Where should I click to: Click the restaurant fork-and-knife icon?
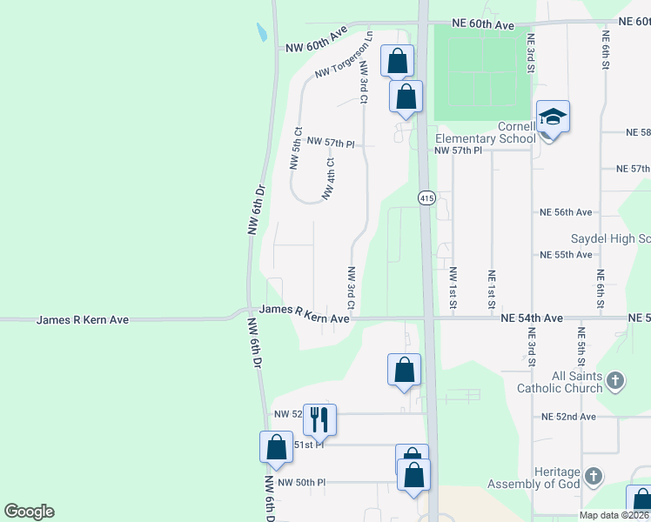319,420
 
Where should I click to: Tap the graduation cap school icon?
553,116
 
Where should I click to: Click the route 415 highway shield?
426,198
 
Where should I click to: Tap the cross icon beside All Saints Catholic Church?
615,379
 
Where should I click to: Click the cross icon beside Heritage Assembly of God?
593,476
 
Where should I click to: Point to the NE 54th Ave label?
533,318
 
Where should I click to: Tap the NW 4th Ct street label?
329,178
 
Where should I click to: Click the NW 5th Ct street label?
295,149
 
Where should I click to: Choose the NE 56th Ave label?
566,212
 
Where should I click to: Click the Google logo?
29,512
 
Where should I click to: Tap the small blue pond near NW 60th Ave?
262,33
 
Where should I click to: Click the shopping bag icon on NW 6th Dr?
276,447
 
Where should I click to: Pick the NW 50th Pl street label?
301,482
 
